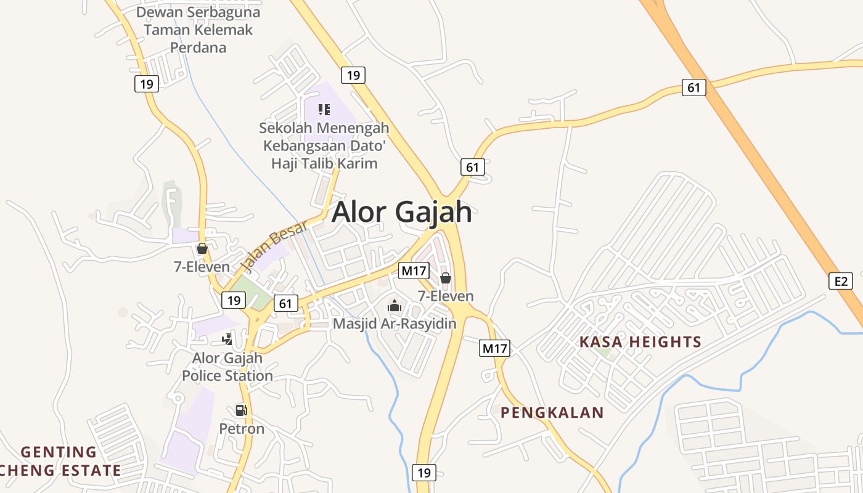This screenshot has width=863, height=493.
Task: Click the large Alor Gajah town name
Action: [402, 212]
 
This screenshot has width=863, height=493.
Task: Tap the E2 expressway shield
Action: [841, 281]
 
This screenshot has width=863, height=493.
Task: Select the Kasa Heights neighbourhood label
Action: [640, 342]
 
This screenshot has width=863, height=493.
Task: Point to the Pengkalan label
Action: [552, 413]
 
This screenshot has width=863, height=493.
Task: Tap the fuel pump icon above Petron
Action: [241, 410]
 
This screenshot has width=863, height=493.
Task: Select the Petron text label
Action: [242, 428]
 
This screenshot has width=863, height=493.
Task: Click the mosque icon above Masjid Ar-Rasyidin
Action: [394, 306]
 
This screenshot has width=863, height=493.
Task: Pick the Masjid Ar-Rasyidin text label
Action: [395, 324]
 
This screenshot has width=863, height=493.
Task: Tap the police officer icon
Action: [227, 339]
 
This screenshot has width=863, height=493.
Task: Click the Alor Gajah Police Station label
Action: [227, 367]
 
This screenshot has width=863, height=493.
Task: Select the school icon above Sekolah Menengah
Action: [324, 110]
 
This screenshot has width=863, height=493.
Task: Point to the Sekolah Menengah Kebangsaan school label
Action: [324, 146]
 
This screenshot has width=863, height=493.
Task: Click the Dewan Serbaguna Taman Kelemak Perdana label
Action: [198, 30]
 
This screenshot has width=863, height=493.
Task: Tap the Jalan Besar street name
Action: [274, 246]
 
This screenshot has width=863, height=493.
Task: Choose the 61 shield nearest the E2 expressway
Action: [694, 88]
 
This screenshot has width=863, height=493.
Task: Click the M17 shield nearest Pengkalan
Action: [494, 349]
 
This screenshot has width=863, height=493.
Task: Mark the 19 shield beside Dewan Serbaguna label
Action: [147, 83]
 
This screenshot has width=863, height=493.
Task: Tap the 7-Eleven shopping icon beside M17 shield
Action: [445, 279]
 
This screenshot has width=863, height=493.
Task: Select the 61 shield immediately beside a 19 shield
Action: [285, 303]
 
